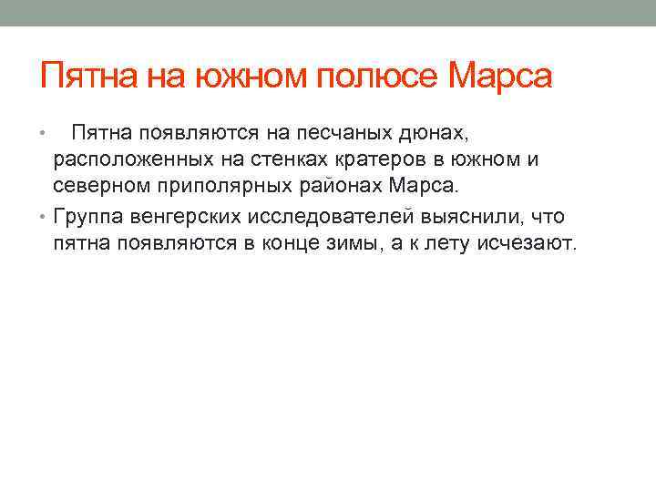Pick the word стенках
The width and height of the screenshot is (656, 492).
278,161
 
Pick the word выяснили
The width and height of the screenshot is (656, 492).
483,217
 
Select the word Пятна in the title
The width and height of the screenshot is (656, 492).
86,76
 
